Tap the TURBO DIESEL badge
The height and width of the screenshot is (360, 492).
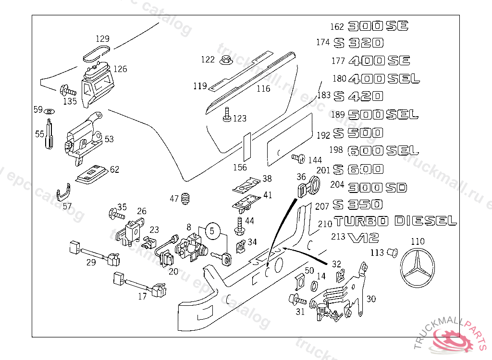395,221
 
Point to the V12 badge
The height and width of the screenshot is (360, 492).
364,237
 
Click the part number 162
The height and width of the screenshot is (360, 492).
337,27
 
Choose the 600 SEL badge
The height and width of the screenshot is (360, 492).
382,151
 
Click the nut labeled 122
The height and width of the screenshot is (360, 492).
224,60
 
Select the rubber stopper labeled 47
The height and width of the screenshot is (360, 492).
187,198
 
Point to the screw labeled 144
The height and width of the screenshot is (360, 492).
298,157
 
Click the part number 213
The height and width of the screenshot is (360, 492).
338,237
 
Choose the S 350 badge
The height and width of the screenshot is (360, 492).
358,205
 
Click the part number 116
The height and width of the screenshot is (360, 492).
263,89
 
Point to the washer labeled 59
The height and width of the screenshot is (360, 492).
49,112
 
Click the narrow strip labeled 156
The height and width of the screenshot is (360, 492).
247,146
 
